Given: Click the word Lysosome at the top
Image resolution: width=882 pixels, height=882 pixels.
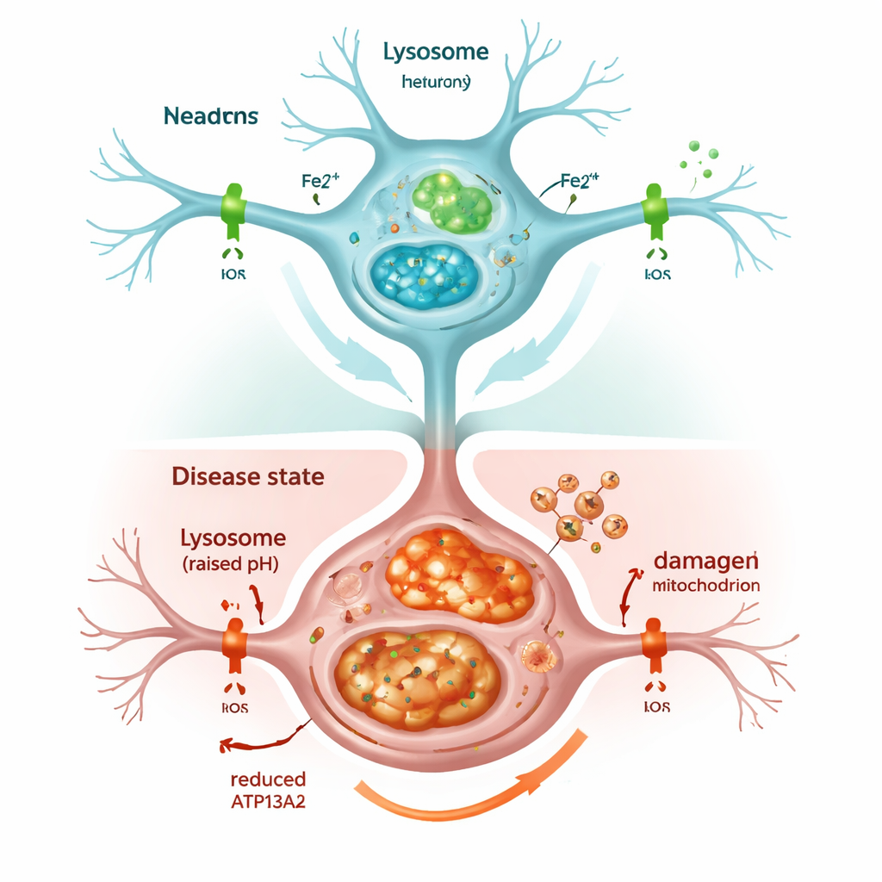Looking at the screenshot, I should [x=436, y=53].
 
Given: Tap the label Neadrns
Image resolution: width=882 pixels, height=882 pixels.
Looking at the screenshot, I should [x=208, y=115].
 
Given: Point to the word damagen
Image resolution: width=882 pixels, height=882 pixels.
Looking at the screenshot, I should [x=706, y=560].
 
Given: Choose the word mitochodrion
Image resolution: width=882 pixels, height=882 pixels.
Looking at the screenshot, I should [x=706, y=586].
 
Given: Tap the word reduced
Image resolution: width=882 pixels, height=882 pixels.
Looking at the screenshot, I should [x=268, y=780].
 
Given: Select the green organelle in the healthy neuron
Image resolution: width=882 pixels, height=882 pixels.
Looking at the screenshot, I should [x=450, y=201].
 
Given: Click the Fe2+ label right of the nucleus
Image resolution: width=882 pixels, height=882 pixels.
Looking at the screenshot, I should [x=579, y=181].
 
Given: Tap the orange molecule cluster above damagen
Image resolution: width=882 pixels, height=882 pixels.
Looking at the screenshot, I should [x=575, y=507].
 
